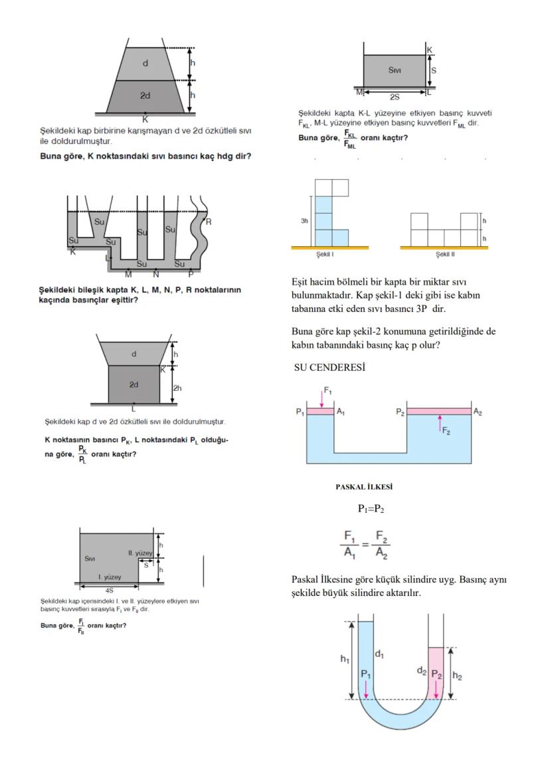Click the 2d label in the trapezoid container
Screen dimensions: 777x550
[145, 96]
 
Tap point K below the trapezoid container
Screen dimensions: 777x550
[145, 119]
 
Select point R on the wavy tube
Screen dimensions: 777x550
[208, 222]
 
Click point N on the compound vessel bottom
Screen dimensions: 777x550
[156, 273]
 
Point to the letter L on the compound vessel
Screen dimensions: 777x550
[107, 257]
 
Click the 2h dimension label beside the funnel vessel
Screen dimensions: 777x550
[177, 388]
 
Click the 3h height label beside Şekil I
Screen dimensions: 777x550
[305, 221]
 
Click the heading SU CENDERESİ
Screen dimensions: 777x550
[326, 368]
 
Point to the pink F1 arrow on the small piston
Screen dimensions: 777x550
[321, 399]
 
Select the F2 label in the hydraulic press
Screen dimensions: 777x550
[446, 432]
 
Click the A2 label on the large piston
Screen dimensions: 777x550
[478, 412]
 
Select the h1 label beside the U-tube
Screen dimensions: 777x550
[344, 658]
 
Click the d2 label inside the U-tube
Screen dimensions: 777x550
[420, 670]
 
